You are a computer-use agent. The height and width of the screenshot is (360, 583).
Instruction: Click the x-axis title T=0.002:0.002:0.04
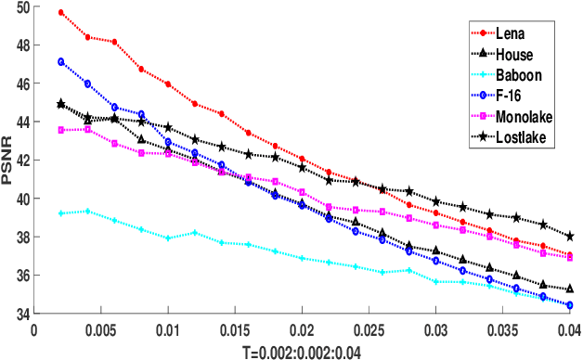coord(302,351)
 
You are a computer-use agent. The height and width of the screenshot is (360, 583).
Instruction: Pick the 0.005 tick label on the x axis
coord(100,328)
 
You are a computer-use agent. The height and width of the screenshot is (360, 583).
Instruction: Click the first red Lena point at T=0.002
coord(61,13)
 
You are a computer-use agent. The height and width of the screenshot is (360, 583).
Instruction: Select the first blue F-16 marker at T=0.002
coord(61,62)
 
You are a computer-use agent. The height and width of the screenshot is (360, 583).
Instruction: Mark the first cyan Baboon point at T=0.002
coord(61,213)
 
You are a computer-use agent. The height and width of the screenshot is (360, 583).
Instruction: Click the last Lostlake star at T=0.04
coord(569,237)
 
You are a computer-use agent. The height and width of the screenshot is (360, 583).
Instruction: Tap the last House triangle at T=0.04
coord(569,289)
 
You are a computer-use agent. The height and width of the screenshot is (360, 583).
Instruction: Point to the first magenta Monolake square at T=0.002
coord(61,130)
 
